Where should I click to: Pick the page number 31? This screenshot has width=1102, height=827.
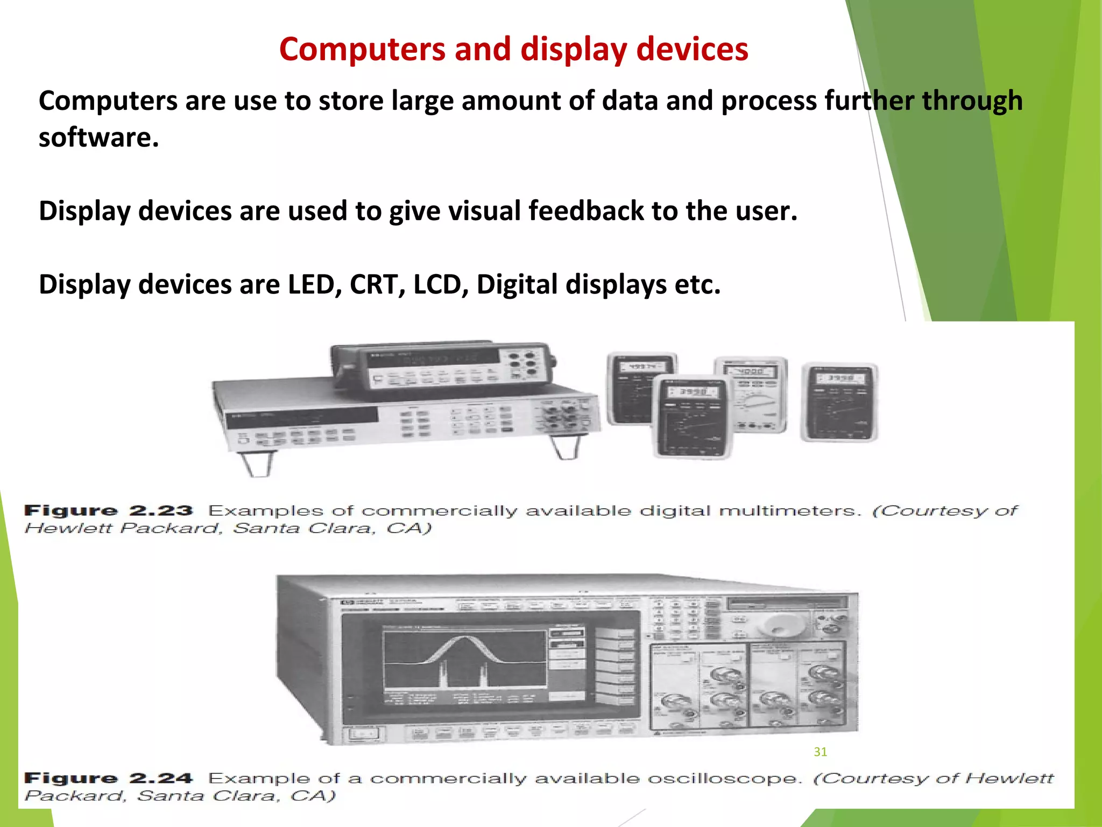click(x=820, y=752)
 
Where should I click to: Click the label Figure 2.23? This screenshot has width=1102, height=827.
click(x=108, y=510)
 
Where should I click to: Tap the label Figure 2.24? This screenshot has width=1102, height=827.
click(x=108, y=778)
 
